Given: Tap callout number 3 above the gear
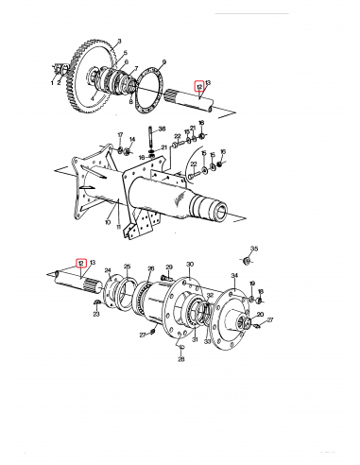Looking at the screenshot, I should point(119,42).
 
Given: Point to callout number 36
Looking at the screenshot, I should point(162,129).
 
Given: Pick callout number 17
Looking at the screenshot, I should point(120,135).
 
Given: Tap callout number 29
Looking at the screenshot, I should point(170,268).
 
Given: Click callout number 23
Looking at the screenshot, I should point(96,315).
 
